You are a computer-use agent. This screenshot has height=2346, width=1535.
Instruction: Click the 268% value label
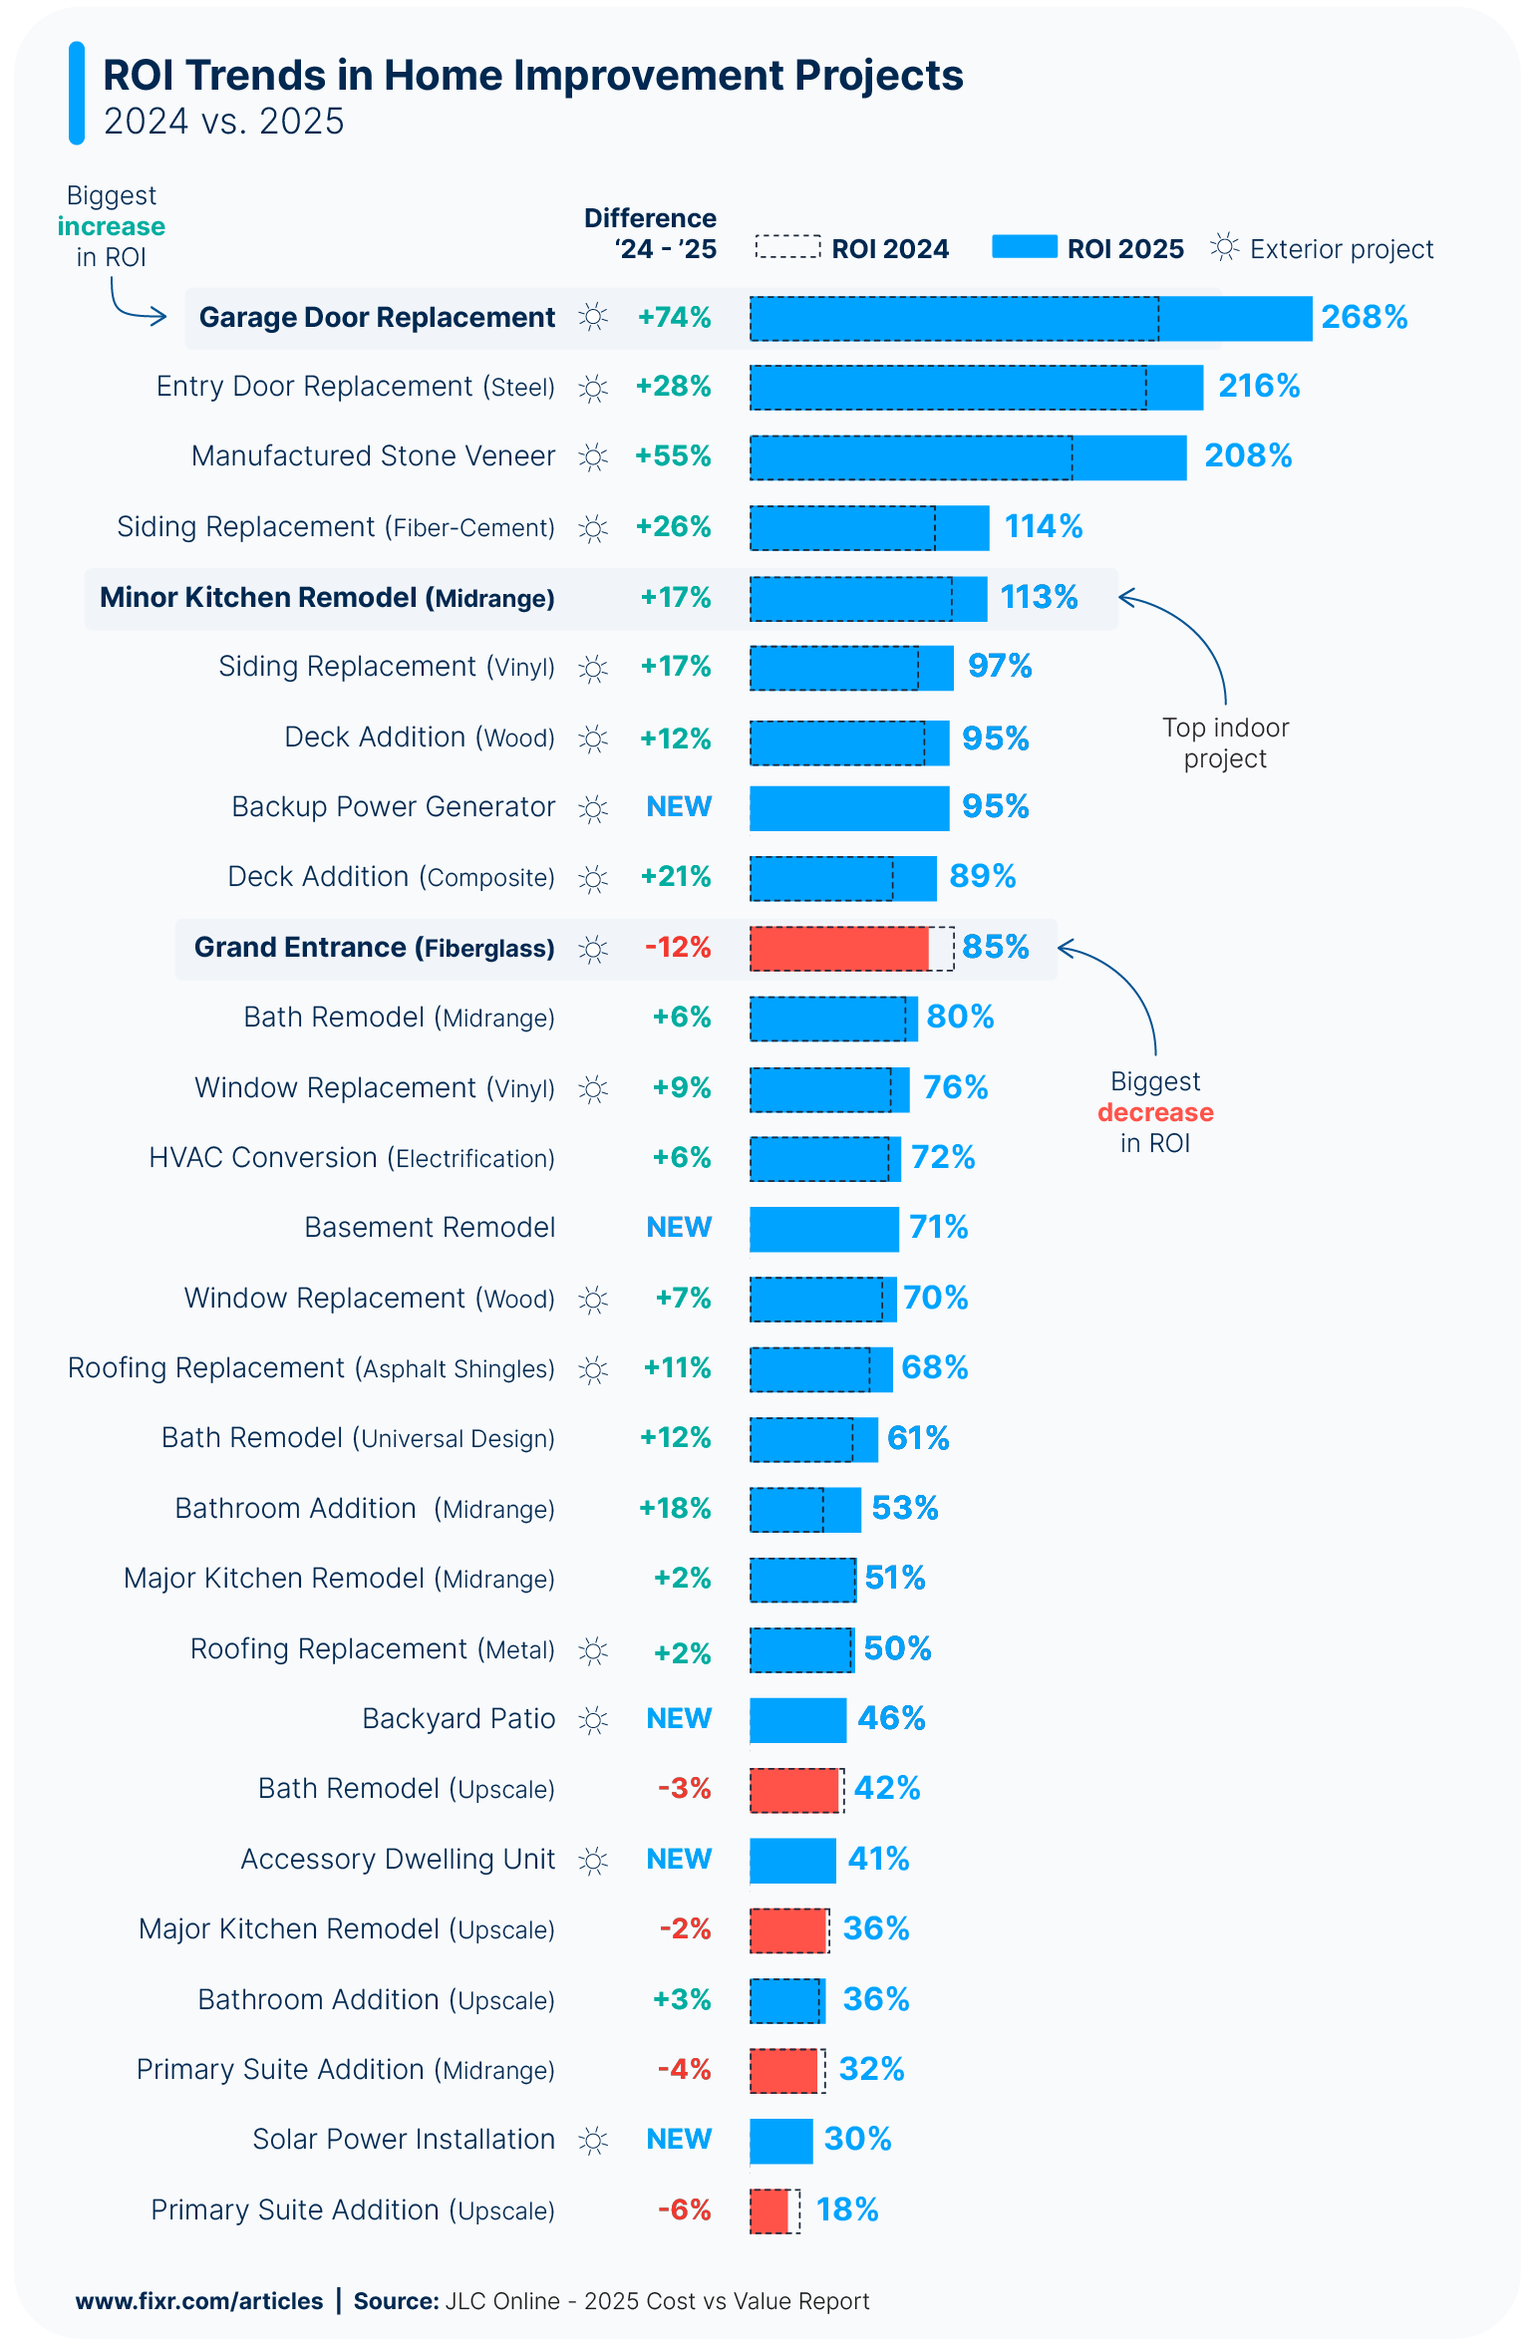(1364, 317)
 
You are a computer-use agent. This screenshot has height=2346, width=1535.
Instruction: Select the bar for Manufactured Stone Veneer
(967, 457)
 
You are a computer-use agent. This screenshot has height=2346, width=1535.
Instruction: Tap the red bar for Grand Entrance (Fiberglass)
(838, 949)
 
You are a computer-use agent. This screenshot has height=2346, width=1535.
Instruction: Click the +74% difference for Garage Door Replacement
(674, 317)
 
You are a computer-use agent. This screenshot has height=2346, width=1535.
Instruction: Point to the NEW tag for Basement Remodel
(679, 1227)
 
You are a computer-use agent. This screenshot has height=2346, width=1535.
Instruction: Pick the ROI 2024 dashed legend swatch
(787, 247)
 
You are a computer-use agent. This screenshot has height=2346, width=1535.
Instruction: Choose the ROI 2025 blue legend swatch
(1024, 247)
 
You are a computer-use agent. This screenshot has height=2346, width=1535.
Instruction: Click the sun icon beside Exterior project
(1225, 247)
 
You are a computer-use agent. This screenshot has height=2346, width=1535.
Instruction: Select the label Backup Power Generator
(393, 806)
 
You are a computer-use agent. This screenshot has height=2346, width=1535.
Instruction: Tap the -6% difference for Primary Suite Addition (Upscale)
(684, 2209)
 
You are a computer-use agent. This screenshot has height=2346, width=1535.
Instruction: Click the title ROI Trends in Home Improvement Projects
(533, 76)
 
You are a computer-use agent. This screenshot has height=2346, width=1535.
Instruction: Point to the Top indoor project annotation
(1225, 742)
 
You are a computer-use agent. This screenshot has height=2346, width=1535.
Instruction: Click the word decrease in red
(1155, 1112)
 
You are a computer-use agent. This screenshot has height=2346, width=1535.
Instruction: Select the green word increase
(111, 226)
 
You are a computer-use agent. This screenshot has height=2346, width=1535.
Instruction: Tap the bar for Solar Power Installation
(780, 2141)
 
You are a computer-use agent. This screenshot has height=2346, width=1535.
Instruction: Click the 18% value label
(846, 2209)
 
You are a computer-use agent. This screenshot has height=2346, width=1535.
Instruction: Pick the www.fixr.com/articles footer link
(199, 2300)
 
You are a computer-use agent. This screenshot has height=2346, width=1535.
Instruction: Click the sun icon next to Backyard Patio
(593, 1720)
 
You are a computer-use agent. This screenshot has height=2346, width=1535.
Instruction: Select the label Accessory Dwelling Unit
(397, 1859)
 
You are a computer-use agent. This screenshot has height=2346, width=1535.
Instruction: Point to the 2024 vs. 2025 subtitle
(223, 122)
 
